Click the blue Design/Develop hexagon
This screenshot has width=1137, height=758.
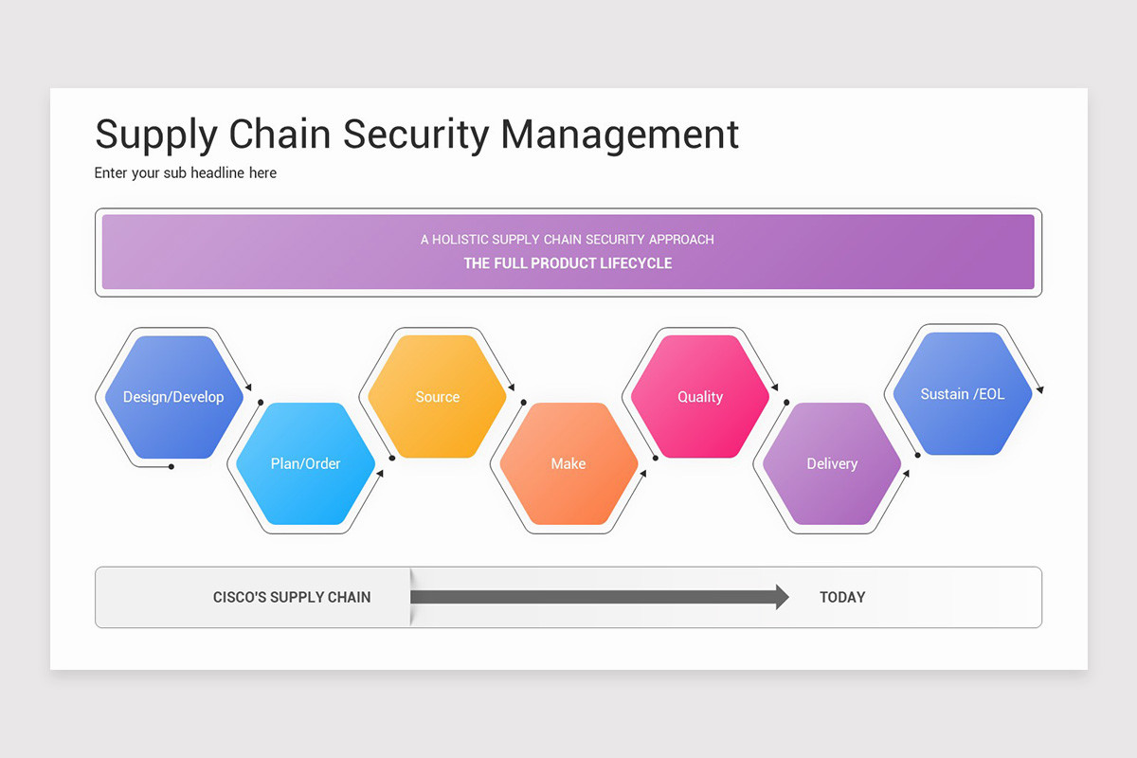coord(173,397)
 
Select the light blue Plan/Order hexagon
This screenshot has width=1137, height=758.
coord(305,463)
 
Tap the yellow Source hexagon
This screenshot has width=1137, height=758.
coord(437,397)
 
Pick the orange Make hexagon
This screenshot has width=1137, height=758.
coord(568,463)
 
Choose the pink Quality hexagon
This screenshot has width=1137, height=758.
coord(700,397)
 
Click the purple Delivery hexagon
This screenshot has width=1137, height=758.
coord(832,463)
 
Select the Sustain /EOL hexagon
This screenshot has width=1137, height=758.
coord(963,394)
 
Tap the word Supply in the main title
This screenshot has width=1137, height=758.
coord(155,135)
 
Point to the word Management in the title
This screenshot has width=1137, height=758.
coord(620,135)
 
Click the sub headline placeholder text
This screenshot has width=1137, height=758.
coord(186,173)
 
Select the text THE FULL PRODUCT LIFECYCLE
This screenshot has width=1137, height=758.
coord(568,263)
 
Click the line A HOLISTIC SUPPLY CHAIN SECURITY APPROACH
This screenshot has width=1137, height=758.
coord(568,240)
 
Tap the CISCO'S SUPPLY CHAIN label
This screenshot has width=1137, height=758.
coord(292,597)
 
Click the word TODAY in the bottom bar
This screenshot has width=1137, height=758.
coord(842,597)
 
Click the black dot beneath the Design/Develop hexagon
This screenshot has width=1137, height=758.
coord(171,466)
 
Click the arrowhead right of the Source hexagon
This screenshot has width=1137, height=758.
coord(513,387)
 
